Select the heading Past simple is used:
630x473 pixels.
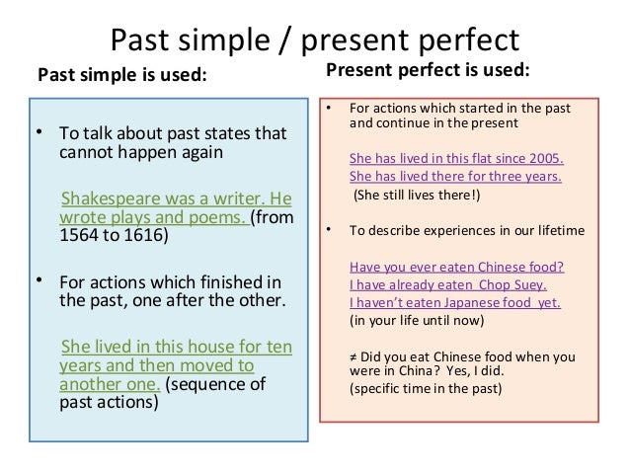click(x=122, y=75)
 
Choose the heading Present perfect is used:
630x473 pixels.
click(x=427, y=71)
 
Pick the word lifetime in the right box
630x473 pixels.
click(x=555, y=231)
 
